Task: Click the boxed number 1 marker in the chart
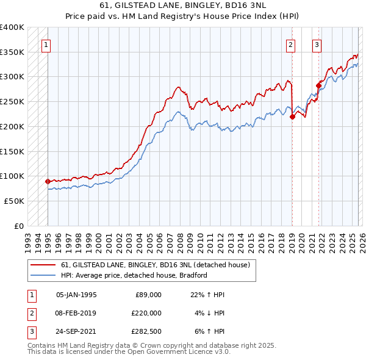(x=47, y=44)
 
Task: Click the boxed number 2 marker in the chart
(x=292, y=44)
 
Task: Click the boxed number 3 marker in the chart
(x=317, y=44)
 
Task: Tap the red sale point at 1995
(x=48, y=181)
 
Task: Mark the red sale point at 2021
(x=318, y=85)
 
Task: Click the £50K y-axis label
(x=14, y=201)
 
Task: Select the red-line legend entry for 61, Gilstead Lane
(x=155, y=265)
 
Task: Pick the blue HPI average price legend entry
(x=134, y=275)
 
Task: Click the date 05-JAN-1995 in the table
(x=76, y=295)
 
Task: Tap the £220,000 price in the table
(x=147, y=313)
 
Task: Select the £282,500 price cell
(x=147, y=331)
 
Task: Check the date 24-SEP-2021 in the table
(x=76, y=331)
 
